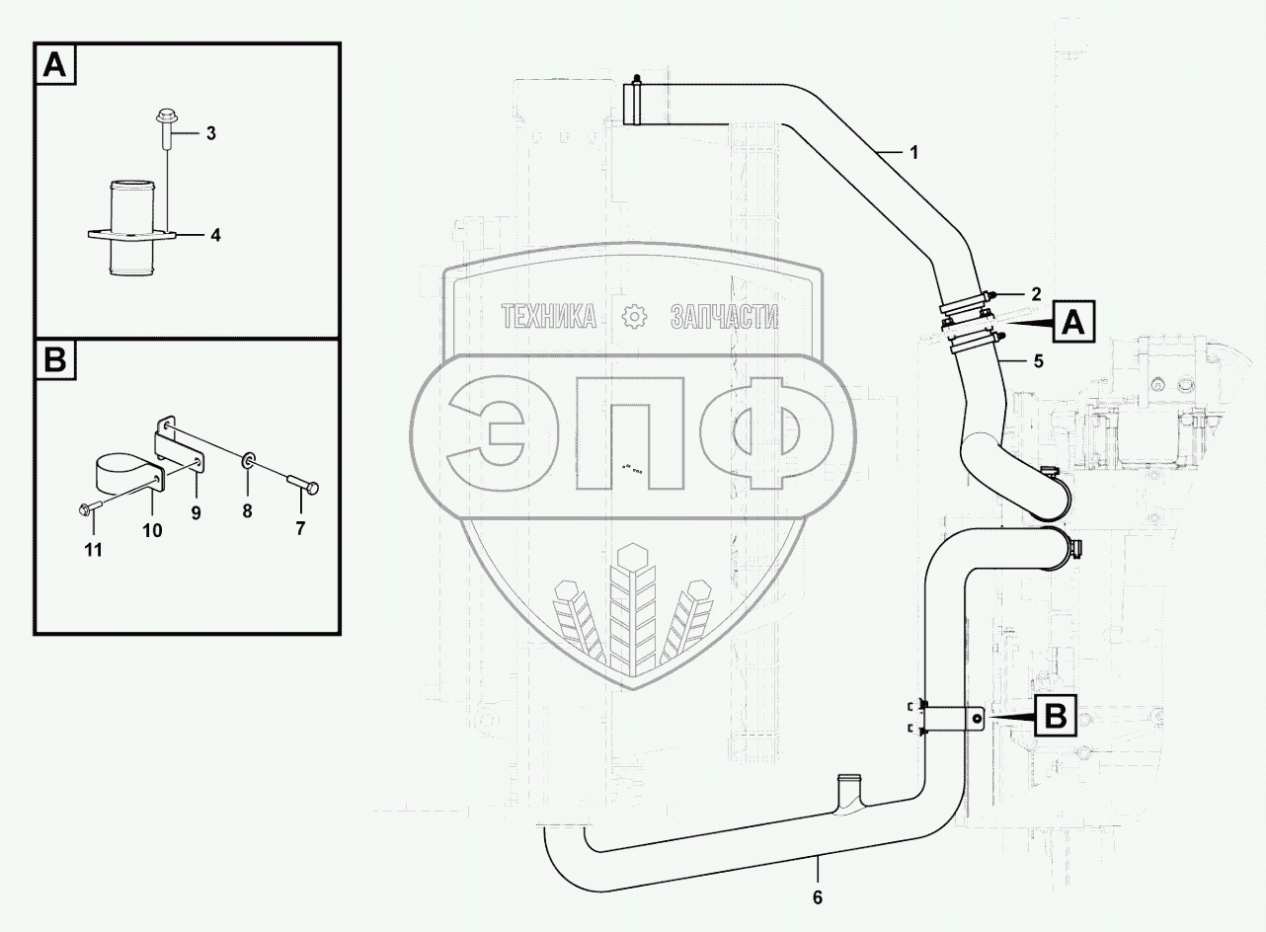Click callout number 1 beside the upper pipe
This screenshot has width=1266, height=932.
(913, 153)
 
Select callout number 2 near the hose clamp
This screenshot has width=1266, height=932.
(1036, 293)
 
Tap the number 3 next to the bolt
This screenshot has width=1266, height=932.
(210, 134)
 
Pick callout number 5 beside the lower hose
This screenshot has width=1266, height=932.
(1037, 361)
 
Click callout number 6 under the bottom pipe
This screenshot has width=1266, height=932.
(817, 897)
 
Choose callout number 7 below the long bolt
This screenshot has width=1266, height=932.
(300, 529)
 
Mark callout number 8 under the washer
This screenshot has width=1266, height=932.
(247, 512)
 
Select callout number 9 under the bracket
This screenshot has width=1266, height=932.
(196, 512)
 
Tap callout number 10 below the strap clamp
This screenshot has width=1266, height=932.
(153, 530)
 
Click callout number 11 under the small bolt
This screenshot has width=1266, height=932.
(93, 550)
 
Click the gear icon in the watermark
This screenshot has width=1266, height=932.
(633, 315)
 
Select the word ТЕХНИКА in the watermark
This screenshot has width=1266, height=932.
(549, 316)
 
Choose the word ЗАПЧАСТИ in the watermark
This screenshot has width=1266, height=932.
(724, 316)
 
